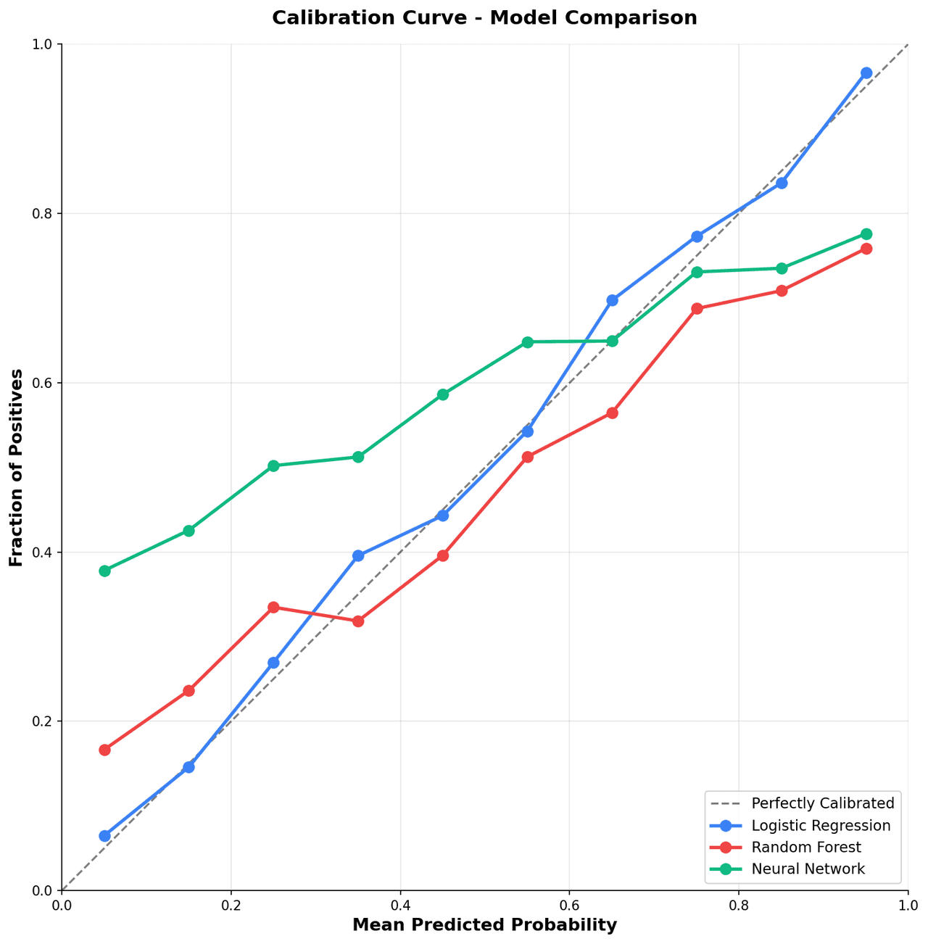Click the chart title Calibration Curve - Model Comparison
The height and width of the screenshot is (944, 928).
pyautogui.click(x=484, y=18)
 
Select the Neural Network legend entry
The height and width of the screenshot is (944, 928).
pyautogui.click(x=808, y=869)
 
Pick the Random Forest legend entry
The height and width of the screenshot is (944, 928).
pyautogui.click(x=806, y=847)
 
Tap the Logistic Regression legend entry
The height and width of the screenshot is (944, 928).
pyautogui.click(x=821, y=825)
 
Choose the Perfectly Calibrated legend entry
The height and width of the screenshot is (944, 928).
pyautogui.click(x=823, y=803)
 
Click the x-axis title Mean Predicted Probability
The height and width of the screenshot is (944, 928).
pyautogui.click(x=484, y=925)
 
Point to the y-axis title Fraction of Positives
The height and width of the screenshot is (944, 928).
pyautogui.click(x=17, y=468)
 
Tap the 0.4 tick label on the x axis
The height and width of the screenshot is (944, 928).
pyautogui.click(x=399, y=906)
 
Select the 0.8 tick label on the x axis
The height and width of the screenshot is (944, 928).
pyautogui.click(x=738, y=906)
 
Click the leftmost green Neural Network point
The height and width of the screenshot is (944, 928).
pyautogui.click(x=104, y=571)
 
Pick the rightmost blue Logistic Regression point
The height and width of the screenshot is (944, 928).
pyautogui.click(x=866, y=73)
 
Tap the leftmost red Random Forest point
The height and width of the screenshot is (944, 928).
pyautogui.click(x=104, y=750)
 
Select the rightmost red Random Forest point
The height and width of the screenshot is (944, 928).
pyautogui.click(x=866, y=249)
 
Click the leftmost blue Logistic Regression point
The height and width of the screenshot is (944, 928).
pyautogui.click(x=104, y=836)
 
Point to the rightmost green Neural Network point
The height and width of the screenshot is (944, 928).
pyautogui.click(x=866, y=234)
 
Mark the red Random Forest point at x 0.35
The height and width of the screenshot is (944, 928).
pyautogui.click(x=358, y=621)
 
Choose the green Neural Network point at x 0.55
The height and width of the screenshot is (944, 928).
pyautogui.click(x=527, y=342)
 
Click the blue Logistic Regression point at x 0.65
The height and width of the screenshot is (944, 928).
pyautogui.click(x=612, y=300)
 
